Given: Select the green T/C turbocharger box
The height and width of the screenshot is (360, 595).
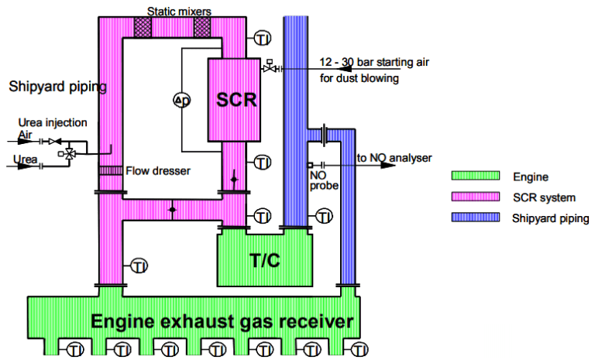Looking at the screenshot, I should pos(265,260).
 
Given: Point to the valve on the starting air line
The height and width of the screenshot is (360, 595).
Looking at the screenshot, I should pos(269,69).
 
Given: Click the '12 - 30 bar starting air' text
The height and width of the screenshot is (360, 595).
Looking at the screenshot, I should pos(372,63).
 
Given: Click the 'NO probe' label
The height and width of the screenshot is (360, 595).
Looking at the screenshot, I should pos(317,180).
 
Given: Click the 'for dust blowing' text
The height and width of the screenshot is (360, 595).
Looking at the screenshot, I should pos(357,77).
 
